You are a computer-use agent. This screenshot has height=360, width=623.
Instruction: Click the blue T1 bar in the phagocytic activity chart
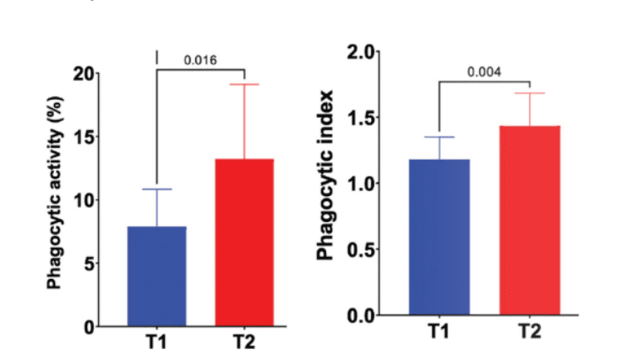tap(156, 275)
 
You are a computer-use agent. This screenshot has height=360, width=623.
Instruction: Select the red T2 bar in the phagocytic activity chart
tap(244, 242)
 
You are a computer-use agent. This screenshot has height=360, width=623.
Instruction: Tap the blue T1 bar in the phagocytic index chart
tap(439, 237)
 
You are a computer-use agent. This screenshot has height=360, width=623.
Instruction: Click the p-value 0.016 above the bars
tap(199, 60)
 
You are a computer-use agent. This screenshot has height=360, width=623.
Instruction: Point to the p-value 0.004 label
tap(484, 72)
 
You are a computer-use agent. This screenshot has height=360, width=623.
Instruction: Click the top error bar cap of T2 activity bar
tap(244, 85)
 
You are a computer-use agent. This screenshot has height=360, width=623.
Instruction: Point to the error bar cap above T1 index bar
tap(439, 137)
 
